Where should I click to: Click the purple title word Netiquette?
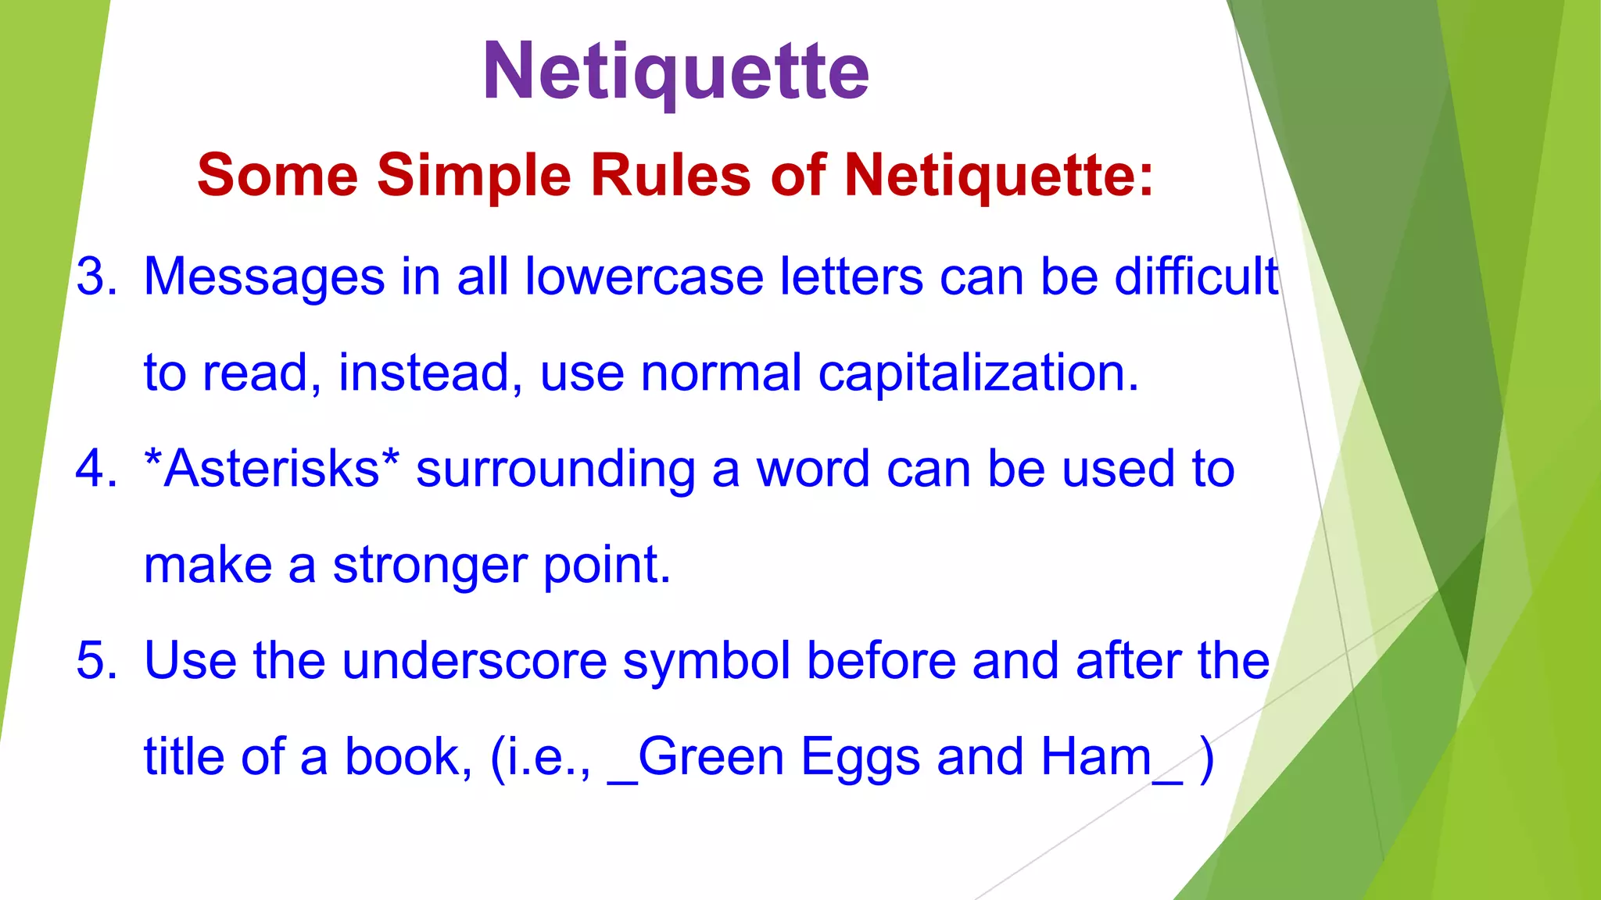pyautogui.click(x=676, y=72)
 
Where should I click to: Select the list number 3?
pyautogui.click(x=96, y=277)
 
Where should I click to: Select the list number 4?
pyautogui.click(x=96, y=469)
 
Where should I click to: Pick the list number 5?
pyautogui.click(x=96, y=661)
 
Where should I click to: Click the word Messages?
pyautogui.click(x=264, y=277)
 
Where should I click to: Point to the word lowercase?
pyautogui.click(x=643, y=277)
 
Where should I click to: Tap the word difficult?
pyautogui.click(x=1196, y=277)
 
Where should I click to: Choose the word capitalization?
pyautogui.click(x=979, y=373)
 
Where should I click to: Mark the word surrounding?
pyautogui.click(x=555, y=470)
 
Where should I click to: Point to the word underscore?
pyautogui.click(x=475, y=661)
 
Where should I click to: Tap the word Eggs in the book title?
pyautogui.click(x=860, y=758)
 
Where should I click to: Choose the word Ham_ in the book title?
pyautogui.click(x=1111, y=758)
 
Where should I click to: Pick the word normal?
pyautogui.click(x=721, y=373)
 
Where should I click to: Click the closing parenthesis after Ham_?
pyautogui.click(x=1207, y=758)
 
